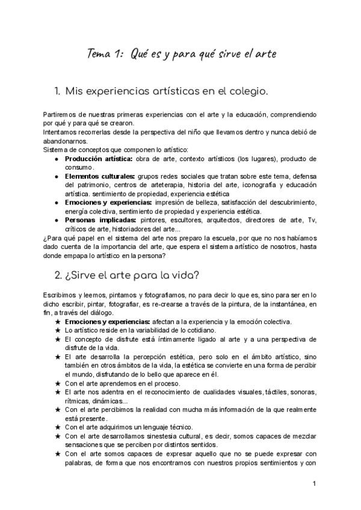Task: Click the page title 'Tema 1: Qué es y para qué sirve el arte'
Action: click(180, 54)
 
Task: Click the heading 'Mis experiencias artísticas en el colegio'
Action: click(169, 91)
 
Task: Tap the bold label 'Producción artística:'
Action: click(99, 159)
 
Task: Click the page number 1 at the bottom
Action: click(315, 484)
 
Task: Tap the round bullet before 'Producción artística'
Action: click(56, 159)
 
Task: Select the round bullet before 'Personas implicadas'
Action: click(56, 220)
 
